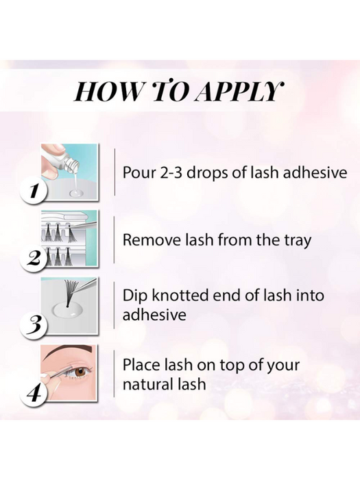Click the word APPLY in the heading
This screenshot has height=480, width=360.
239,91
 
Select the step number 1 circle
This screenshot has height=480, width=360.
34,192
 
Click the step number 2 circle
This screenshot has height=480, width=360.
34,259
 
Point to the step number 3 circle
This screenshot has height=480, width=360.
34,326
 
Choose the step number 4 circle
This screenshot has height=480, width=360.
34,392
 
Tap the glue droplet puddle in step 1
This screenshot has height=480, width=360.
75,193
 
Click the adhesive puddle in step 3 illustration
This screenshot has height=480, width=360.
67,311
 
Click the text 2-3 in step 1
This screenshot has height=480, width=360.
171,173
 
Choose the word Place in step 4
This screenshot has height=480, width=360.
141,365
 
